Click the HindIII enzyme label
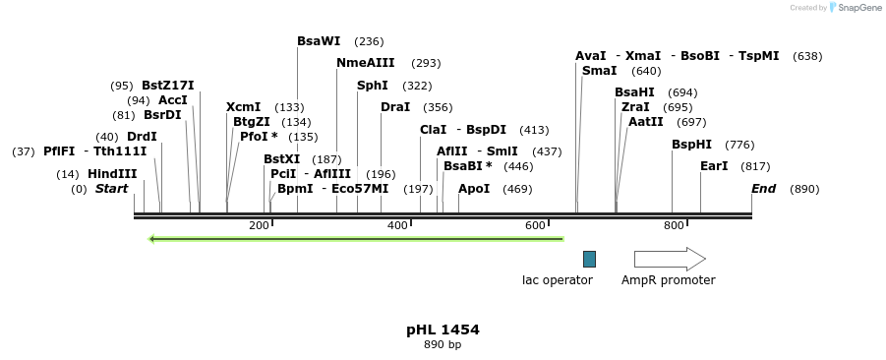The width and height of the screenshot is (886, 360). [x=112, y=174]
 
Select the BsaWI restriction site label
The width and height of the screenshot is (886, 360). [x=319, y=41]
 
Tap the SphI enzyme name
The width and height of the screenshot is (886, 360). [x=373, y=86]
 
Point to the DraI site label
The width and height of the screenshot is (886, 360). [x=395, y=107]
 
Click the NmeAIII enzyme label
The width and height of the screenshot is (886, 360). [x=366, y=63]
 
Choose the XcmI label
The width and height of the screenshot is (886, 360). [x=244, y=107]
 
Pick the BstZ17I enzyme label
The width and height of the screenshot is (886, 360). [x=168, y=86]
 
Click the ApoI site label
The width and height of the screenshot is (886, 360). [x=474, y=189]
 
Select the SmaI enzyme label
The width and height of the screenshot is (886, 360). [x=600, y=71]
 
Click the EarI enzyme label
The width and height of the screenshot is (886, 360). [x=714, y=166]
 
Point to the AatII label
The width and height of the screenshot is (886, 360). [x=646, y=122]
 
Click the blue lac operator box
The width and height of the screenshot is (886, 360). [x=589, y=259]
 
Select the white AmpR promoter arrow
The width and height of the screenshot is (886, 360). [x=670, y=259]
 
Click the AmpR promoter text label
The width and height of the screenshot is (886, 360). [x=669, y=280]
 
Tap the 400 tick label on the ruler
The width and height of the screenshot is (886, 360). [x=397, y=226]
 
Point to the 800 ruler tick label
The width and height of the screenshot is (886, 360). [x=674, y=226]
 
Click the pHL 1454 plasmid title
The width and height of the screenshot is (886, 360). [x=443, y=330]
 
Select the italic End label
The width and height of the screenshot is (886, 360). [x=764, y=189]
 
